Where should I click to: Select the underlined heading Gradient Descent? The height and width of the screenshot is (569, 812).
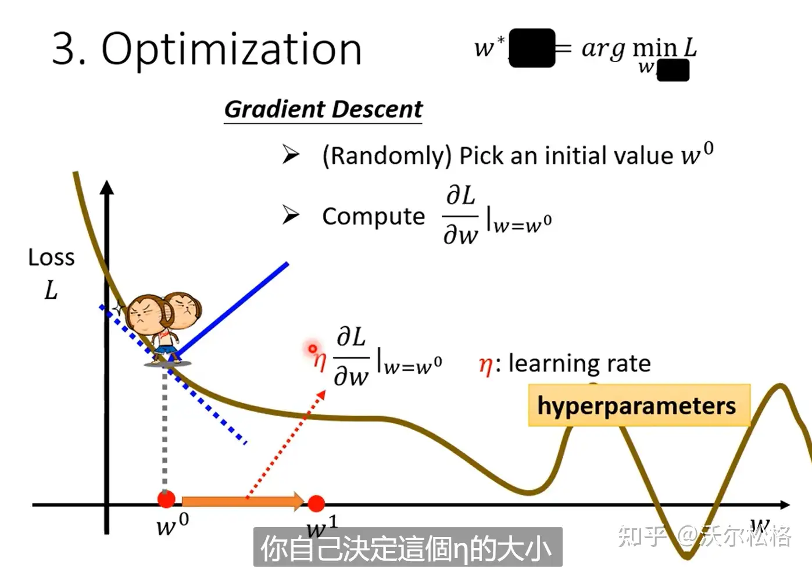(323, 109)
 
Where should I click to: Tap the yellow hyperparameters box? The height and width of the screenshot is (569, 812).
(638, 406)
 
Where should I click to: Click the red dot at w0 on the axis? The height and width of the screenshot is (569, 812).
(166, 499)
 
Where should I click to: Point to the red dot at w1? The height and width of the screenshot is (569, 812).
(316, 503)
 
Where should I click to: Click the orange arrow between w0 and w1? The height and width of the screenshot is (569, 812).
(241, 501)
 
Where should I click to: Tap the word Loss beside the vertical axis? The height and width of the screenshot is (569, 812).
(51, 257)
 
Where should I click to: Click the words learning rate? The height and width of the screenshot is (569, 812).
(580, 364)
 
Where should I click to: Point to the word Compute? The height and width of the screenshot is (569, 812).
(373, 216)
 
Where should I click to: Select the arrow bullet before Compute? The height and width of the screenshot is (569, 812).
(290, 214)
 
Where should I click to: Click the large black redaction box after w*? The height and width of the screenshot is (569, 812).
(531, 48)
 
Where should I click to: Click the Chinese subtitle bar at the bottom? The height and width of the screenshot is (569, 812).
(407, 547)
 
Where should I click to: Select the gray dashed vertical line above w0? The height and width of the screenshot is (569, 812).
(165, 430)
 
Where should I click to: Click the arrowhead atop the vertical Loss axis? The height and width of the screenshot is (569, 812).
(107, 187)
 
